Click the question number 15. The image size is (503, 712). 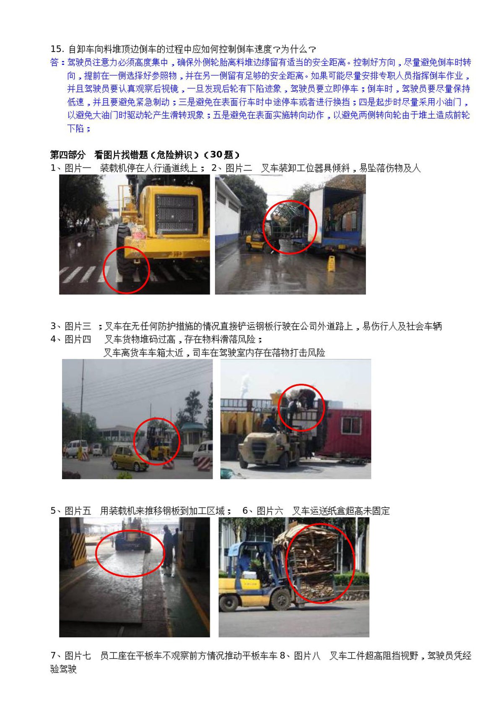pos(57,49)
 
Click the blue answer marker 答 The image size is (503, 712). pos(54,62)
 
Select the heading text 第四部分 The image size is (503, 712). pos(67,155)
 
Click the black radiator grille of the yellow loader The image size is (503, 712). pos(176,214)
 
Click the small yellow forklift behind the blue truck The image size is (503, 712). pos(256,240)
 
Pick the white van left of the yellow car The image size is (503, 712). pos(76,449)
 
